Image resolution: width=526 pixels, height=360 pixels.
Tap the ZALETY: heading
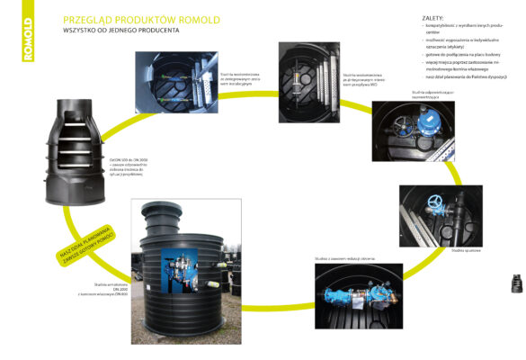[x=432, y=18]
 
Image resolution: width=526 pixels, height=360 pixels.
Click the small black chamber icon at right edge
[x=516, y=283]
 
